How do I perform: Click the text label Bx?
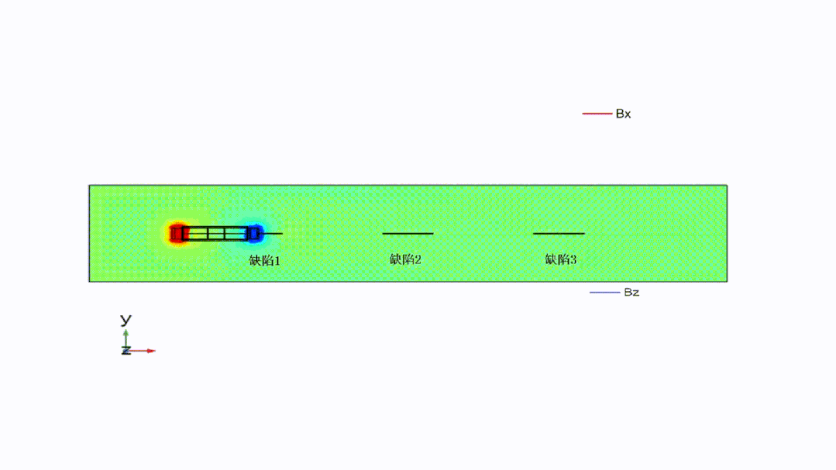623,114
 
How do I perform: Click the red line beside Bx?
597,114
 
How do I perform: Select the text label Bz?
631,292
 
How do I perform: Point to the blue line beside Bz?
604,292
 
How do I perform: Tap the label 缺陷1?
264,261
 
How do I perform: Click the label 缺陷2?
405,259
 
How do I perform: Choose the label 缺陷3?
561,259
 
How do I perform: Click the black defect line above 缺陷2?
408,233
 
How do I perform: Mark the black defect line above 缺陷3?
559,233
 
